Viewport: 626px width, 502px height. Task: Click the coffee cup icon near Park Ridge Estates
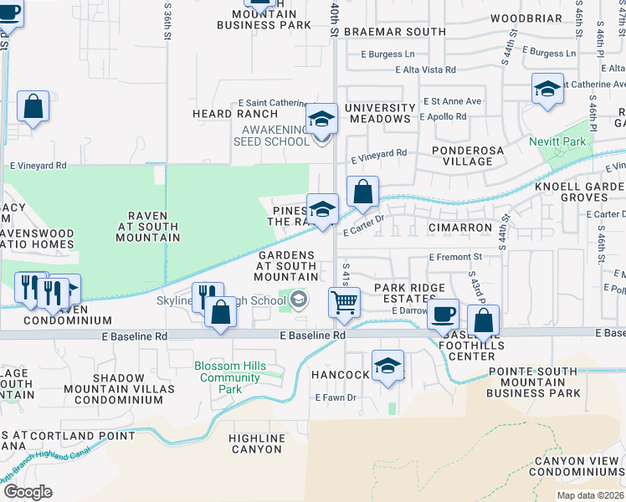point(443,315)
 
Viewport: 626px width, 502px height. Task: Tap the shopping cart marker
point(344,303)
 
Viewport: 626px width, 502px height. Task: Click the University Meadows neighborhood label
point(380,114)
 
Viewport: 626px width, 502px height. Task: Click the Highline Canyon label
point(256,443)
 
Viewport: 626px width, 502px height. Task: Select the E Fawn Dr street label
point(336,397)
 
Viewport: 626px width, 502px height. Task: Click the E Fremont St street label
point(456,258)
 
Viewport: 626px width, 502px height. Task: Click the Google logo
point(28,492)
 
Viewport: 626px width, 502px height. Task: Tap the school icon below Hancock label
point(387,366)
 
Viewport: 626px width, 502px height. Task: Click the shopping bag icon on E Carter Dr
point(362,192)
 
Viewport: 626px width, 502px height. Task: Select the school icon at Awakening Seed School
point(321,119)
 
